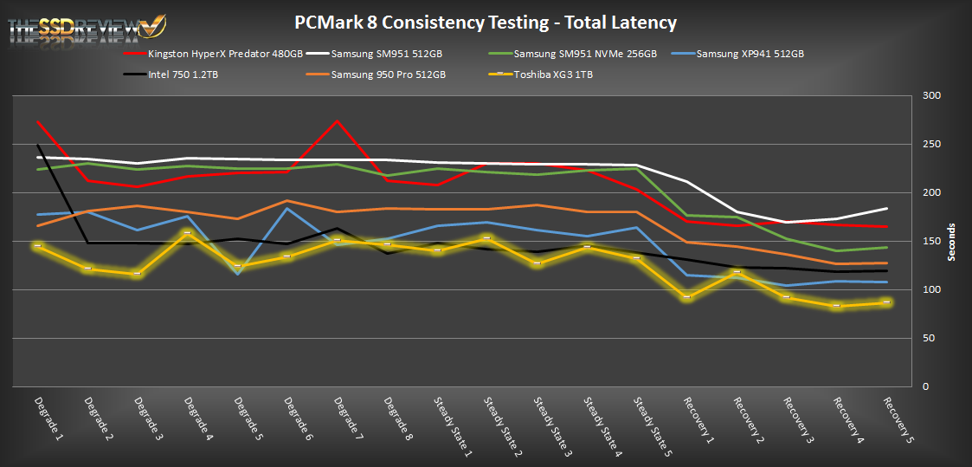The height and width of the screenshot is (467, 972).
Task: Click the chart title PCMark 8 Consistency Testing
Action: (x=485, y=23)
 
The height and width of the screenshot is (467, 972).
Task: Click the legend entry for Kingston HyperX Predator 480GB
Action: (x=225, y=54)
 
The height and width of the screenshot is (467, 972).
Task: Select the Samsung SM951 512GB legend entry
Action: (x=387, y=54)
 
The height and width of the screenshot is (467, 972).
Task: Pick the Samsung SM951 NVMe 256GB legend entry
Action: (x=585, y=54)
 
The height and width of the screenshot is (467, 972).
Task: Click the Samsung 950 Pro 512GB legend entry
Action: (x=388, y=75)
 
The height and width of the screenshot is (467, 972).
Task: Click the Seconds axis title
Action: (x=951, y=241)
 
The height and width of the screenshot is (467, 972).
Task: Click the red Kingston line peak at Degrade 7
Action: (x=336, y=120)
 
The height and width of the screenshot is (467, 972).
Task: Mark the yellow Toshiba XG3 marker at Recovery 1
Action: (x=686, y=297)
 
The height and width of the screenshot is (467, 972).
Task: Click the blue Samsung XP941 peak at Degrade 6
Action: (x=286, y=208)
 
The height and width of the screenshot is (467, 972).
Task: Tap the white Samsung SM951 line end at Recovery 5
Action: (x=887, y=208)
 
